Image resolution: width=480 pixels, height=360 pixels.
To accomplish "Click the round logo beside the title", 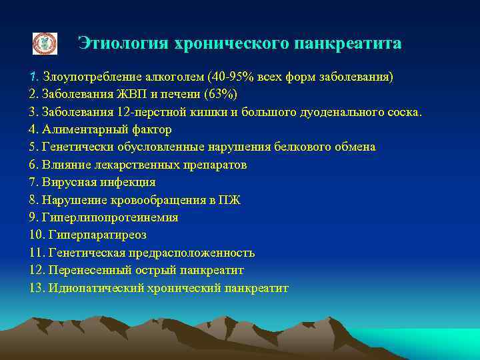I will [x=45, y=43].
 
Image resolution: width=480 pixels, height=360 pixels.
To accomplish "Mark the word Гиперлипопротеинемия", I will [x=109, y=217].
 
